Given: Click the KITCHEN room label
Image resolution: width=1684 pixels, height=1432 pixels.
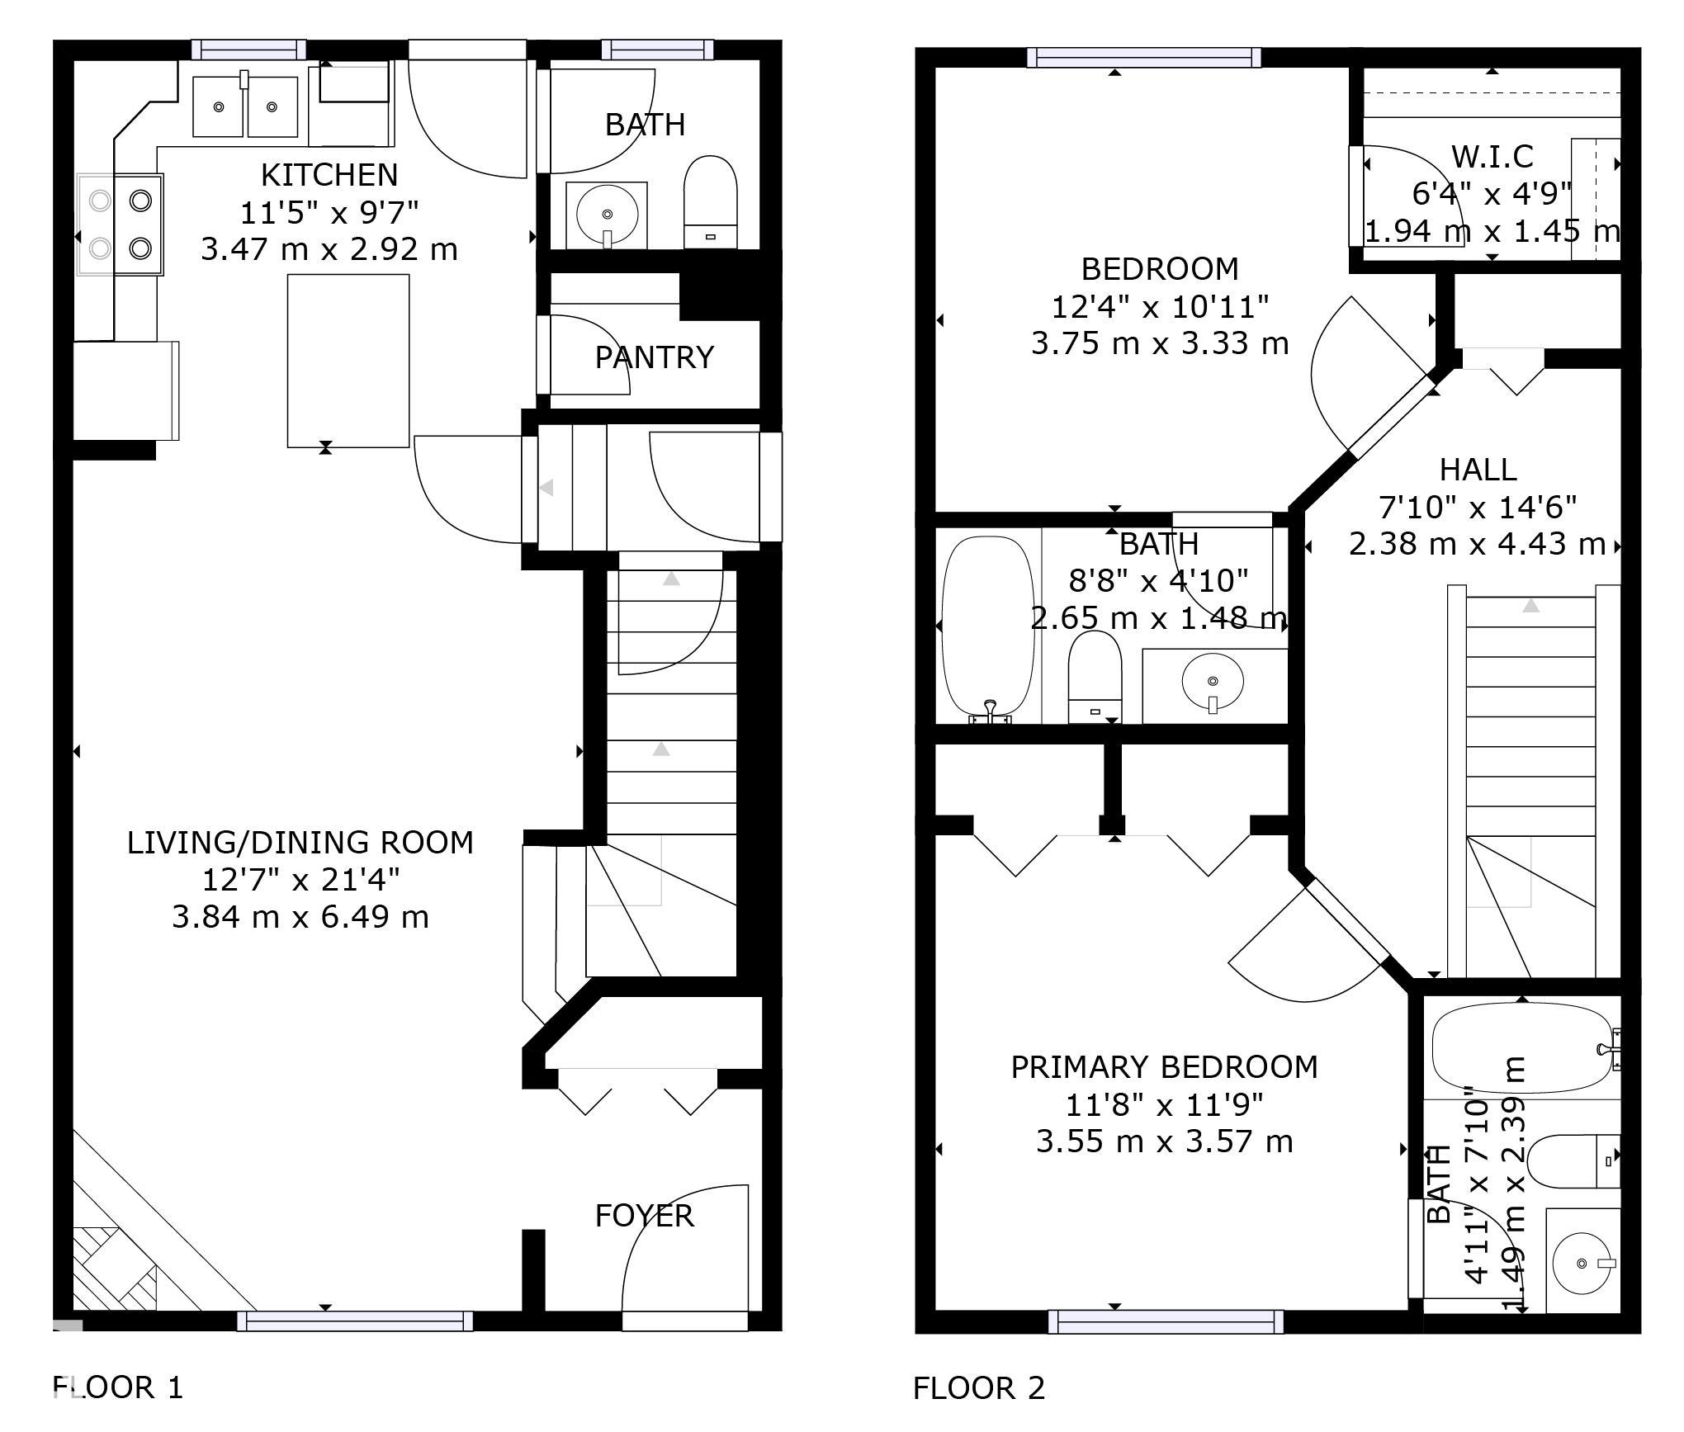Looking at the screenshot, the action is (329, 175).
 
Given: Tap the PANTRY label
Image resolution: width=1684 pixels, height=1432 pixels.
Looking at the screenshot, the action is (654, 357).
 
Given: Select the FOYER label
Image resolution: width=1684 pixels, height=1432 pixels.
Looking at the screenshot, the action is (645, 1216).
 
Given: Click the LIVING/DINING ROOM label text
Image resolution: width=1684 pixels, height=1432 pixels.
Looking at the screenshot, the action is (300, 843).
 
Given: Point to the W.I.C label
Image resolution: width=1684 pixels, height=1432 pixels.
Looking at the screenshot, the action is (1492, 156).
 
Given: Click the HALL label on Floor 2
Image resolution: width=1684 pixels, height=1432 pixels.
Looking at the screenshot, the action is (1478, 470).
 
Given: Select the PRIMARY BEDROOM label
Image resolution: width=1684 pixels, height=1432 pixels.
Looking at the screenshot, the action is (1164, 1067).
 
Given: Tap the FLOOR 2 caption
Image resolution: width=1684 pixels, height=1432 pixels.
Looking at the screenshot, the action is (979, 1388).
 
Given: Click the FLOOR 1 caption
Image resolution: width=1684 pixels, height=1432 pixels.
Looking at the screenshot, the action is (118, 1387).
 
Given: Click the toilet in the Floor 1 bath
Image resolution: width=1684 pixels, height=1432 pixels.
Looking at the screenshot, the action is (711, 202).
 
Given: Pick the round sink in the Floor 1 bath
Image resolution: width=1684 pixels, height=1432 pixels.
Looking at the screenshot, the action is (608, 215).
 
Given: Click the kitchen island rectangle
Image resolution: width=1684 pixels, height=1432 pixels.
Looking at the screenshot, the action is (348, 361).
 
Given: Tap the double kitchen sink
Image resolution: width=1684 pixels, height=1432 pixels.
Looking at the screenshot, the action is (245, 106).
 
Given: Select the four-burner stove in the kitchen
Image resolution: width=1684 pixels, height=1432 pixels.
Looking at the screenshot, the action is (121, 224).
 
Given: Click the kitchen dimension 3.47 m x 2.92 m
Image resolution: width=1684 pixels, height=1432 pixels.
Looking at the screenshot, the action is (329, 249).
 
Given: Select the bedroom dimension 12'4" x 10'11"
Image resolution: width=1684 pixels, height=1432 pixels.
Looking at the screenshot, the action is (1160, 307).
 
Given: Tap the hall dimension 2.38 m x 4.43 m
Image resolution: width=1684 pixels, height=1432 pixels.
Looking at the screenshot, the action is (1478, 545).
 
